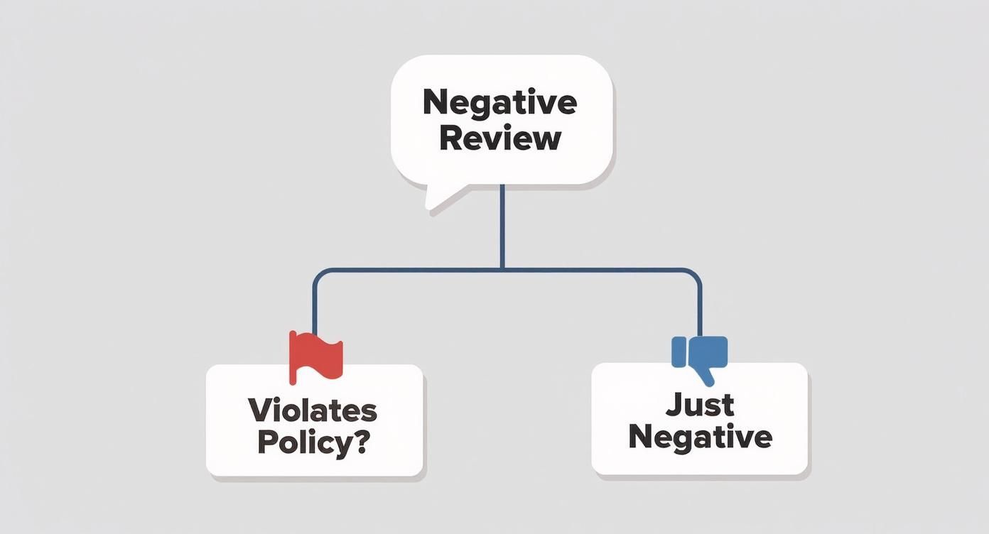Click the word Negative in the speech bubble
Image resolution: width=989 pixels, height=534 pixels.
pos(499,103)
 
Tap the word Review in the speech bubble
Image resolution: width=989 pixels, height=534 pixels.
pos(500,138)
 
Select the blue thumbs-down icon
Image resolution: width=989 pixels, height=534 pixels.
pos(700,356)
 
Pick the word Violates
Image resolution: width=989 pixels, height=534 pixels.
pos(313,410)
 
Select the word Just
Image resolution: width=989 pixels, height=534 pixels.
pos(700,405)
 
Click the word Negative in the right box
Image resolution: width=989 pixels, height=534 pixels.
pos(700,437)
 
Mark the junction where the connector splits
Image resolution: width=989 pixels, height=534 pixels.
pos(502,269)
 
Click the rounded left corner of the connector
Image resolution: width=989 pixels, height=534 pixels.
pos(317,273)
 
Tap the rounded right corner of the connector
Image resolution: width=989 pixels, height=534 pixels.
pos(697,273)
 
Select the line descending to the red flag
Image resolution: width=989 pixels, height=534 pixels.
pos(313,305)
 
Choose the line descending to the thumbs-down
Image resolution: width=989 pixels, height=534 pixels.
pos(701,305)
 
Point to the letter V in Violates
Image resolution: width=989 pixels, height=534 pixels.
pos(258,410)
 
